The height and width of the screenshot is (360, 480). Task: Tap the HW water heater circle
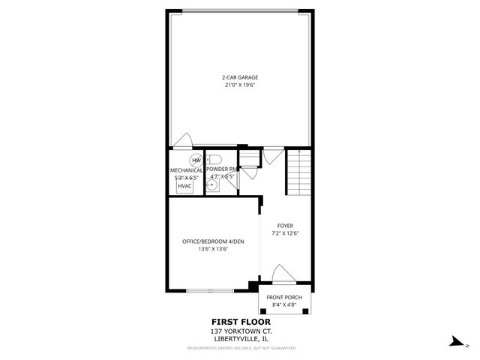click(196, 160)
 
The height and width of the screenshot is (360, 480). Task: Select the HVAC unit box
click(184, 185)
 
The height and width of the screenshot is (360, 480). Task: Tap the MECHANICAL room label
click(186, 170)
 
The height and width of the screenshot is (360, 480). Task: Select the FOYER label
click(285, 226)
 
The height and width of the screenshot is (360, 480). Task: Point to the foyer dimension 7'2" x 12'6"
click(285, 234)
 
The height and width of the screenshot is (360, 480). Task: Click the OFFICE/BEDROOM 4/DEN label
click(214, 241)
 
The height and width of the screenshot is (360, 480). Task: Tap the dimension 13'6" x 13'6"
click(214, 250)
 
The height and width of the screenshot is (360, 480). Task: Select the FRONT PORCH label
click(284, 298)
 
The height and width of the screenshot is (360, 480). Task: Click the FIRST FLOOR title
click(240, 322)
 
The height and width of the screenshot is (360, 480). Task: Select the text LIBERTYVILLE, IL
click(240, 339)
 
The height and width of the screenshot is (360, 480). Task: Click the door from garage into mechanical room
click(182, 141)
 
